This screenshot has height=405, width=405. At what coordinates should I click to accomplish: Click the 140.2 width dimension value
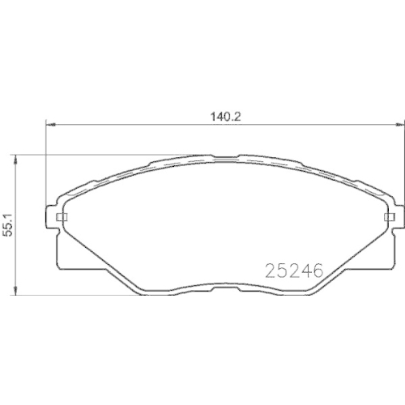pyautogui.click(x=223, y=116)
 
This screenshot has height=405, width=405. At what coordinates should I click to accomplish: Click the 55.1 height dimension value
pyautogui.click(x=9, y=224)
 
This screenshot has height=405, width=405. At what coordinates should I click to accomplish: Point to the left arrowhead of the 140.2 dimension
pyautogui.click(x=47, y=125)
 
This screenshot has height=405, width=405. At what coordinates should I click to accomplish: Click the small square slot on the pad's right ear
pyautogui.click(x=390, y=218)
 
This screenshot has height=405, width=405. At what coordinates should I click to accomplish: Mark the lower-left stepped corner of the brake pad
pyautogui.click(x=61, y=263)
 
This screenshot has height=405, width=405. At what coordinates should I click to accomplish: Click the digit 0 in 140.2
pyautogui.click(x=226, y=116)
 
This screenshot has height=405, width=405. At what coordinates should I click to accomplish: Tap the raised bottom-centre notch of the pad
pyautogui.click(x=224, y=285)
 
